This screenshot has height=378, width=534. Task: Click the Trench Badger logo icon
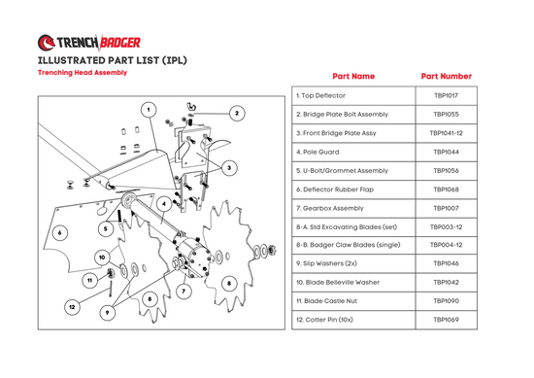click(46, 43)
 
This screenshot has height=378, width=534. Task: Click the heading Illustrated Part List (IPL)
click(113, 60)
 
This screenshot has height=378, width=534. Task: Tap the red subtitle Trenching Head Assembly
click(83, 73)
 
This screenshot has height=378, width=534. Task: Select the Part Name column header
click(353, 77)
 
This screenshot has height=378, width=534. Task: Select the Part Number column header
click(447, 77)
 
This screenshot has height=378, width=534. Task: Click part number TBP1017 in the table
click(447, 96)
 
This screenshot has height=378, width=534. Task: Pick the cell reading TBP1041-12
click(447, 133)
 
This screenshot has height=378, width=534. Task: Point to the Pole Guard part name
click(317, 152)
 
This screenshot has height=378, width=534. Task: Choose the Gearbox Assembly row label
click(330, 208)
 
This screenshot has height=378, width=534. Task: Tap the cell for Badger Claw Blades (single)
click(349, 245)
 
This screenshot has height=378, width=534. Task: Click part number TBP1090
click(447, 301)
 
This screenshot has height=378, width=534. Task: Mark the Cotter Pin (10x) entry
click(324, 320)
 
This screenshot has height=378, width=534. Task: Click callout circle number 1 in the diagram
click(149, 110)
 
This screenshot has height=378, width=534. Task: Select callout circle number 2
click(237, 113)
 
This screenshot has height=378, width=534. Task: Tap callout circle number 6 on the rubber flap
click(60, 233)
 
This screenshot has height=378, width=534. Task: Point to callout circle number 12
click(72, 307)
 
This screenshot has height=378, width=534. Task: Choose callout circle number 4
click(164, 204)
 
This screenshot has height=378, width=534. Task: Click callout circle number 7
click(184, 292)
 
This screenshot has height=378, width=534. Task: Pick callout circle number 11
click(90, 281)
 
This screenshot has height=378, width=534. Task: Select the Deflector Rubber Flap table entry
click(335, 189)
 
